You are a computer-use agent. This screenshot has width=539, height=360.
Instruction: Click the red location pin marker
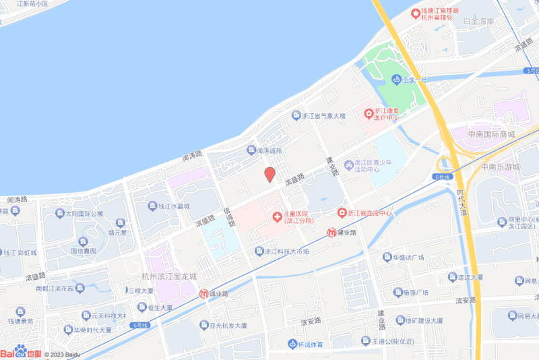click(269, 175)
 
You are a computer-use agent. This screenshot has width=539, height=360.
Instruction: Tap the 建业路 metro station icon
click(331, 233)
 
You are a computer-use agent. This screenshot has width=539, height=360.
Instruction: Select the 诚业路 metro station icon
click(203, 294)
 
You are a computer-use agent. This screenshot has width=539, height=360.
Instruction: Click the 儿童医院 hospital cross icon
click(276, 216)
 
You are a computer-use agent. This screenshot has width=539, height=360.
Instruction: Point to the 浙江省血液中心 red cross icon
click(342, 213)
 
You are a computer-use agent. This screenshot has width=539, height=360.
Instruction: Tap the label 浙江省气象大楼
click(323, 117)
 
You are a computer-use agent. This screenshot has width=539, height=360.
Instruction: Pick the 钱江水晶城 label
click(174, 206)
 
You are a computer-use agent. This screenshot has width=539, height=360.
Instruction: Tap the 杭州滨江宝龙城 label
click(169, 276)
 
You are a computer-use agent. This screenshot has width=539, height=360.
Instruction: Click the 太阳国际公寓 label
click(84, 214)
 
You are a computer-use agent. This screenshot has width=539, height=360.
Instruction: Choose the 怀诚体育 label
click(311, 344)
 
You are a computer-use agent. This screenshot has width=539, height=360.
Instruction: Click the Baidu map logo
click(22, 352)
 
